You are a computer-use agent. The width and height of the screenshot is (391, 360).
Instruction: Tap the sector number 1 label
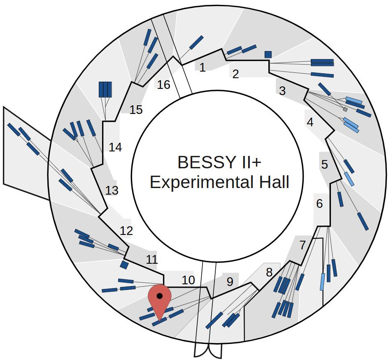click(x=202, y=67)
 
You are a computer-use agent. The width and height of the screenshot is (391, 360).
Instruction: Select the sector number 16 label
click(x=163, y=85)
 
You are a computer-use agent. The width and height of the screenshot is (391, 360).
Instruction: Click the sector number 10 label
click(x=188, y=280)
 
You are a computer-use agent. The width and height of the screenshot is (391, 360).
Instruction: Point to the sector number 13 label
click(x=112, y=190)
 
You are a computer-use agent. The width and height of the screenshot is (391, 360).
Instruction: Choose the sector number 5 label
click(x=325, y=165)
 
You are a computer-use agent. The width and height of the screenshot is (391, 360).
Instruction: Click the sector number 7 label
click(x=303, y=246)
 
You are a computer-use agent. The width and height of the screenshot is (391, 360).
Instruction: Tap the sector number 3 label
click(x=282, y=91)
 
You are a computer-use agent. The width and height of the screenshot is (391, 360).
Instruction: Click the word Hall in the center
click(x=275, y=182)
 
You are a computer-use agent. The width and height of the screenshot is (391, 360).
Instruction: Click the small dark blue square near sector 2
click(x=268, y=54)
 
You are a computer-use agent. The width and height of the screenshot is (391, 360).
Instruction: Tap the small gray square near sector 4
click(x=345, y=110)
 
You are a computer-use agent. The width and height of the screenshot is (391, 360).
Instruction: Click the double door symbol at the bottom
click(x=208, y=351)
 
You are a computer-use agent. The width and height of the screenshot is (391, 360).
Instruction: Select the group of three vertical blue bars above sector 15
click(x=105, y=89)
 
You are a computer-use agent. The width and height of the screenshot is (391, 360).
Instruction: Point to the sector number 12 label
click(x=126, y=231)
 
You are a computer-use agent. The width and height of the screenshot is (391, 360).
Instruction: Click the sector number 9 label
click(x=230, y=282)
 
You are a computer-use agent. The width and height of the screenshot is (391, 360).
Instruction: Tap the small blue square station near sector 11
click(x=124, y=265)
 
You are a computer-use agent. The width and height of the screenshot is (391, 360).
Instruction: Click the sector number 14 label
click(x=115, y=147)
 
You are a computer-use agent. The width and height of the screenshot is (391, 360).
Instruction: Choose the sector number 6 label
click(x=320, y=203)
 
